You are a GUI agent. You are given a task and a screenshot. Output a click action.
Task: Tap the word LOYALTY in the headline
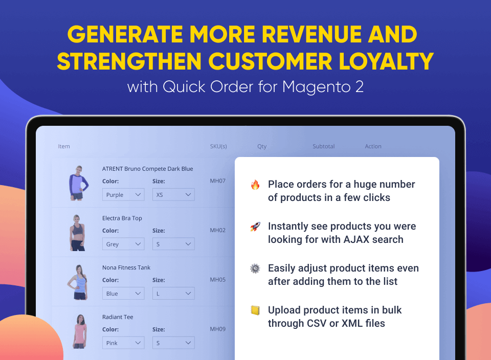(386, 61)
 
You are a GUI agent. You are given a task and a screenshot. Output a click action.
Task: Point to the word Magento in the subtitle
(316, 87)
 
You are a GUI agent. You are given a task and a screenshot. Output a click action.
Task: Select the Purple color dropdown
(123, 194)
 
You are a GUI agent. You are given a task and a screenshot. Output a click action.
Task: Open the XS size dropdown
(173, 194)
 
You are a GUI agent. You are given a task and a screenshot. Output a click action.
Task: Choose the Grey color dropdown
(123, 244)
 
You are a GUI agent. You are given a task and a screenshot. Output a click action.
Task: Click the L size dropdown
(173, 294)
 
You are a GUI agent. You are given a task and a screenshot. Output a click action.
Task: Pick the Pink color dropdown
(123, 343)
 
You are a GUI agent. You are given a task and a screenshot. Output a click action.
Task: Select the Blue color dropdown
(123, 294)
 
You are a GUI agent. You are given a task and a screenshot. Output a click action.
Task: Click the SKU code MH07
(218, 181)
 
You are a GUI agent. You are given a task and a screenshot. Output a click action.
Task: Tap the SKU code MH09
(218, 329)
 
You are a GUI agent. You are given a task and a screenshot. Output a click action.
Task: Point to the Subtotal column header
(323, 146)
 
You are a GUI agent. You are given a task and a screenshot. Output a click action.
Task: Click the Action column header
(373, 146)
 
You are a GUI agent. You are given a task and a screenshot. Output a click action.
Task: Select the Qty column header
(262, 146)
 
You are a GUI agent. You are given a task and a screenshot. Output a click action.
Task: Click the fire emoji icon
(255, 185)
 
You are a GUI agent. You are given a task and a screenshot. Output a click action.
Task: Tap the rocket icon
(255, 227)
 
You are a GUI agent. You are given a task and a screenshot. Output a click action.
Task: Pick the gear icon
(255, 268)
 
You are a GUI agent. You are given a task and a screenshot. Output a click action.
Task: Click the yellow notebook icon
(255, 310)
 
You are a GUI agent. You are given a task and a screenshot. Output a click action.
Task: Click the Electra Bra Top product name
(122, 218)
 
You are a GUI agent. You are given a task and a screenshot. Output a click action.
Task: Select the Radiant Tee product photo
(80, 331)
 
